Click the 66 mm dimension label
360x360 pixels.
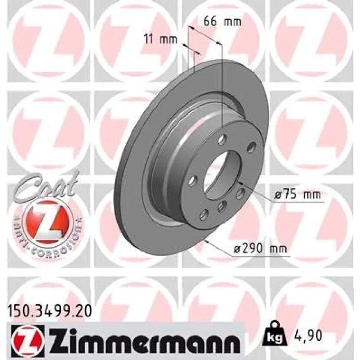click(222, 22)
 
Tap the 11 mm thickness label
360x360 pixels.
click(161, 39)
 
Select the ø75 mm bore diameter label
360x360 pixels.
click(298, 195)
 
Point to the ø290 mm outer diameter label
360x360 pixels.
click(260, 248)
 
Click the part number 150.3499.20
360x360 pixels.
click(50, 311)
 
